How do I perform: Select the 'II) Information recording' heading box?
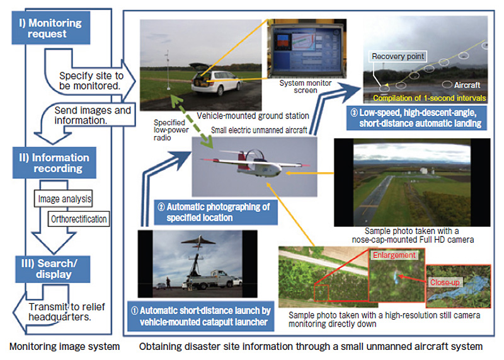pyautogui.click(x=54, y=163)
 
